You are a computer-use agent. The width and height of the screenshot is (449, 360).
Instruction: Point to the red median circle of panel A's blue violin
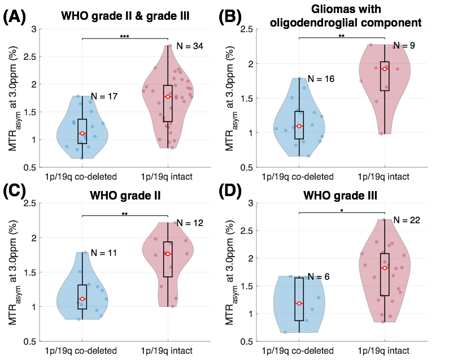(x=82, y=133)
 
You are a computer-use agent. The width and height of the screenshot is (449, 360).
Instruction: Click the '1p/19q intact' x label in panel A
(x=168, y=177)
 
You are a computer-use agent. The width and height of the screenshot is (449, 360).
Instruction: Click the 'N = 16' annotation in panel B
(x=321, y=79)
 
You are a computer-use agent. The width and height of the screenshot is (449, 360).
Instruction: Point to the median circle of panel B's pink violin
(x=385, y=69)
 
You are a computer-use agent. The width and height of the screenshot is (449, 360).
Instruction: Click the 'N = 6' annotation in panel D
(x=319, y=277)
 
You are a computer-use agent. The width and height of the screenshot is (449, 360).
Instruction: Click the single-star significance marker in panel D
(x=341, y=211)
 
